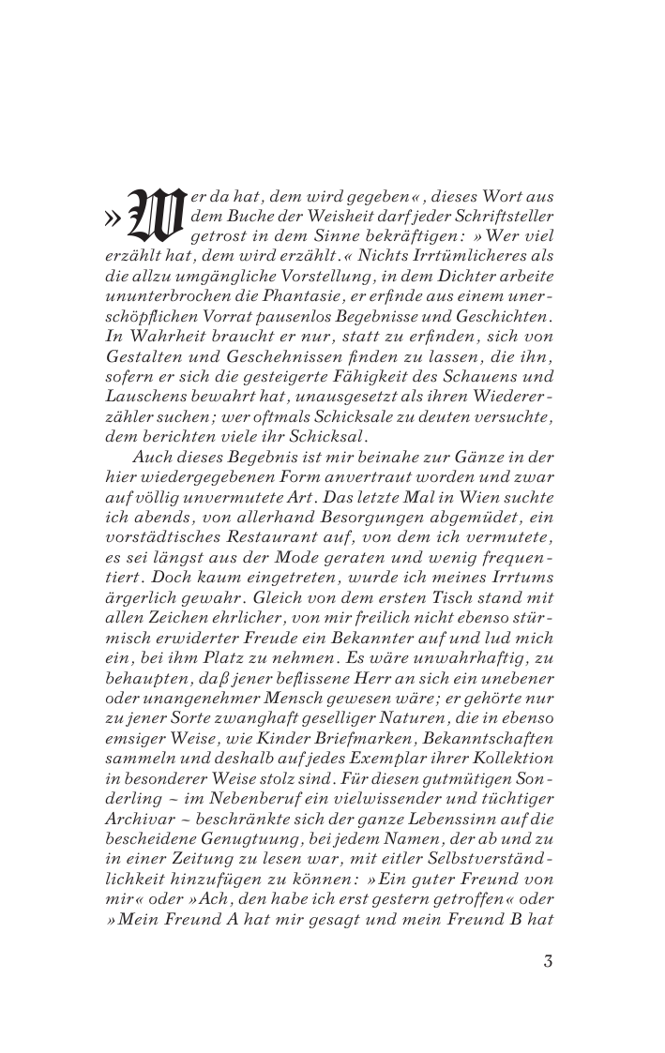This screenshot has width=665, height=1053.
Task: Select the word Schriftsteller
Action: (507, 217)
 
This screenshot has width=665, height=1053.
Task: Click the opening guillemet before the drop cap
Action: (112, 219)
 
